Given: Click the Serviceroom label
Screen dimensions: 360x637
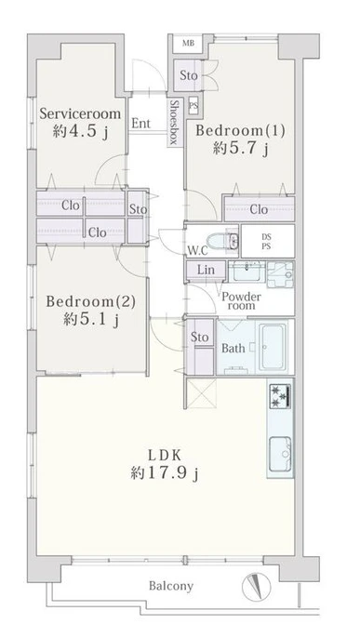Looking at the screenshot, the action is tap(80, 113).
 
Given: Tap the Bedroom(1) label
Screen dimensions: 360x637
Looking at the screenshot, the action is tap(241, 131).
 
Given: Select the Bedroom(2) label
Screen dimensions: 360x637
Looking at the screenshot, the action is tap(90, 302).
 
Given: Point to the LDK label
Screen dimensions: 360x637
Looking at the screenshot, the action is tap(164, 456).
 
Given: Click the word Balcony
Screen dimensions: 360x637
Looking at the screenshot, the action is tap(171, 586).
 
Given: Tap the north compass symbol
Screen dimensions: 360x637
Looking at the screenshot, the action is tap(257, 587).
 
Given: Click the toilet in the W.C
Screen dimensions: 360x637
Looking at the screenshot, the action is tap(222, 241).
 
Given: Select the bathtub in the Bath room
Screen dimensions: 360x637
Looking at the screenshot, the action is tap(272, 347).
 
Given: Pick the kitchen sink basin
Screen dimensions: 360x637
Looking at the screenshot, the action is tap(280, 454).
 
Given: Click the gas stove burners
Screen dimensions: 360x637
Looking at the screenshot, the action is tap(280, 394).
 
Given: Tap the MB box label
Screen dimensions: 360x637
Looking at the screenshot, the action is tap(188, 44).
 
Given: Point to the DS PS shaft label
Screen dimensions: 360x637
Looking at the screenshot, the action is tap(267, 242).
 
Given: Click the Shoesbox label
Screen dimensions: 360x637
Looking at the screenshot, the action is tap(174, 123).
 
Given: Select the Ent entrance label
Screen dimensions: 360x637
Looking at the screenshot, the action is tap(141, 123).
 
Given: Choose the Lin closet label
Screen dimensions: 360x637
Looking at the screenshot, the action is tap(206, 270).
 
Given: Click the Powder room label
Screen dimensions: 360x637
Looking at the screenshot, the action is tap(241, 300).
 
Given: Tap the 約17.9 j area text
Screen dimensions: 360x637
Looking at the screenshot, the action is tap(165, 473).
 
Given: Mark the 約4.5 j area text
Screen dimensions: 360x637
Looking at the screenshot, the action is tap(80, 131).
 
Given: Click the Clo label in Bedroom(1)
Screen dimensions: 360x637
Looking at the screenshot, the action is tap(259, 209).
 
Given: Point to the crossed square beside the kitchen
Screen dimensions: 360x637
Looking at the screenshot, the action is tap(201, 393).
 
